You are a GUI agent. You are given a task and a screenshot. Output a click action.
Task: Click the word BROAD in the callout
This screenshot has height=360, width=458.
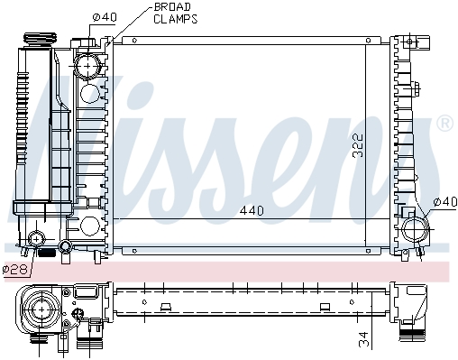click(172, 7)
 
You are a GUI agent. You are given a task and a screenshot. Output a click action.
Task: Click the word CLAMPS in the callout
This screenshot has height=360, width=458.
click(176, 19)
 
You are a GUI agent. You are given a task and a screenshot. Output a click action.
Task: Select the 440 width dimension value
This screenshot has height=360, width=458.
click(252, 211)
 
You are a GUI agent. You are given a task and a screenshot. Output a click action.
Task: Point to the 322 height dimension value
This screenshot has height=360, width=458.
click(358, 146)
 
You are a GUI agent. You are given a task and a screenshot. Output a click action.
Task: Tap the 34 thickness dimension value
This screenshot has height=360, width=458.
click(363, 339)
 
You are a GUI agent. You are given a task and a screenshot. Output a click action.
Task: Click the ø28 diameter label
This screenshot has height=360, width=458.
click(15, 269)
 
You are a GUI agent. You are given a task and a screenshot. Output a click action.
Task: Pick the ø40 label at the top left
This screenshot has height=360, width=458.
click(104, 17)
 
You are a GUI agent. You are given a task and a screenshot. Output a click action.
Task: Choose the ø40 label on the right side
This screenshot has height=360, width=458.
click(445, 202)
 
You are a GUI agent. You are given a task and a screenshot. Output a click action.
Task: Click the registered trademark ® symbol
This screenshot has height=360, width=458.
click(444, 123)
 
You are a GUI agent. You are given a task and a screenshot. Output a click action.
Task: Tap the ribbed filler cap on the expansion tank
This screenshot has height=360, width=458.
click(40, 40)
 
